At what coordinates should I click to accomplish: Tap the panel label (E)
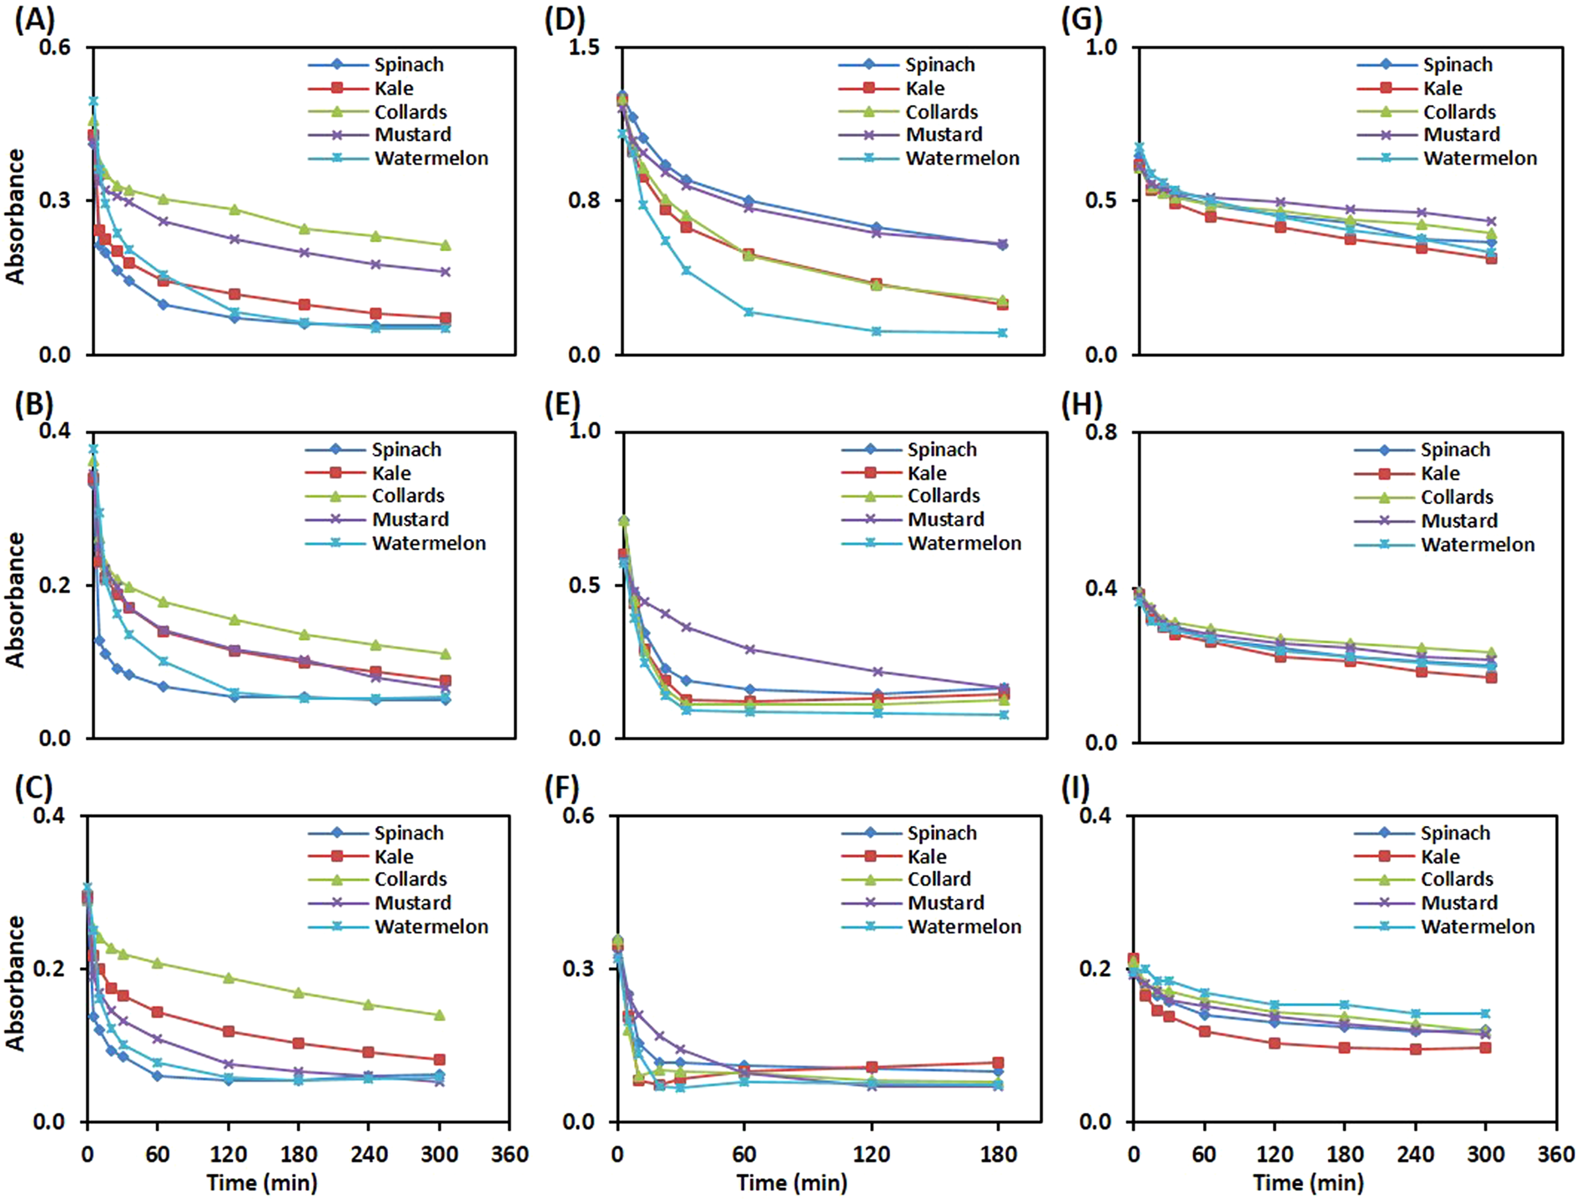tap(561, 405)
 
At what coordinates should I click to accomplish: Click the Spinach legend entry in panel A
tap(408, 65)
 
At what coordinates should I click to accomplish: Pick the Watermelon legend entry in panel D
tap(962, 159)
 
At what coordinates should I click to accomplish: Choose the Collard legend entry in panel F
tap(939, 879)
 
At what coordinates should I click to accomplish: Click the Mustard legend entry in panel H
tap(1458, 521)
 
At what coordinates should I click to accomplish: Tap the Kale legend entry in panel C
tap(393, 857)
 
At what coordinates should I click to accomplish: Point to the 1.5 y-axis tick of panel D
tap(584, 48)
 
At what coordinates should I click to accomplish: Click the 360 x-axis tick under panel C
tap(510, 1155)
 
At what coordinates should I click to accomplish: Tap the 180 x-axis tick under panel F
tap(998, 1155)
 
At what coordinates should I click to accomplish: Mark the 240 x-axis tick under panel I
tap(1415, 1155)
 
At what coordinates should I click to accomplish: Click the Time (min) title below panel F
tap(791, 1182)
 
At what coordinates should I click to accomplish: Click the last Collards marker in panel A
tap(445, 245)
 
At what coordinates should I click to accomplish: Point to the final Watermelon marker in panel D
tap(1002, 333)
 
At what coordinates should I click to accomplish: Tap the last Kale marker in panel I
tap(1485, 1047)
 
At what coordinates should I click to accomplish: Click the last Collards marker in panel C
tap(440, 1015)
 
